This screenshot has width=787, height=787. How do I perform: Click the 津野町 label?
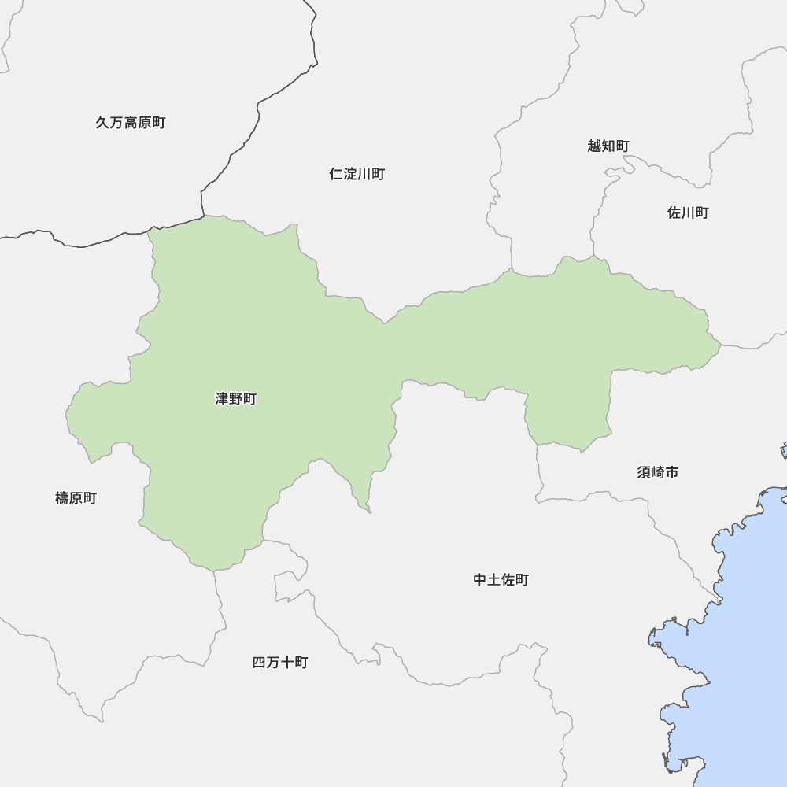[235, 399]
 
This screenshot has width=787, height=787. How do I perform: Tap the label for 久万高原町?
[131, 123]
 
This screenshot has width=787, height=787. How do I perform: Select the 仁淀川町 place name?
[357, 174]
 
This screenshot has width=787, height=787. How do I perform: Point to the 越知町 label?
[608, 146]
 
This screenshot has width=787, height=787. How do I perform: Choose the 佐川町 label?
[688, 212]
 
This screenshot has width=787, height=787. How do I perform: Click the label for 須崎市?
[658, 472]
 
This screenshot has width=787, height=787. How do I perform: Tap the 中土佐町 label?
[501, 580]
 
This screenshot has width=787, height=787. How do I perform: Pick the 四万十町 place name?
[280, 663]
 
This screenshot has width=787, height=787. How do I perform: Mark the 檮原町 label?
[76, 498]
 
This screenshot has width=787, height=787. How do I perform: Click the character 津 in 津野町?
[222, 399]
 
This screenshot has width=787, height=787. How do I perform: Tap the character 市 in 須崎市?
[671, 472]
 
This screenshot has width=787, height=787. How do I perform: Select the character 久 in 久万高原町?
[102, 123]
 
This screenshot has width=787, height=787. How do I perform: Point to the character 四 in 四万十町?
[259, 663]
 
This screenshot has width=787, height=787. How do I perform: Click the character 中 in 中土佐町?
[480, 580]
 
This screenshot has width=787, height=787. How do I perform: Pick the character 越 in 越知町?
[594, 146]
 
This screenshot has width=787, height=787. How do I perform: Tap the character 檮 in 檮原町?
[62, 498]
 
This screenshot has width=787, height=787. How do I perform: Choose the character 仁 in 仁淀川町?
[336, 174]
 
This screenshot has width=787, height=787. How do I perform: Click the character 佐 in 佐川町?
[674, 212]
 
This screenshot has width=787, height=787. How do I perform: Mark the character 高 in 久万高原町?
[131, 123]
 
